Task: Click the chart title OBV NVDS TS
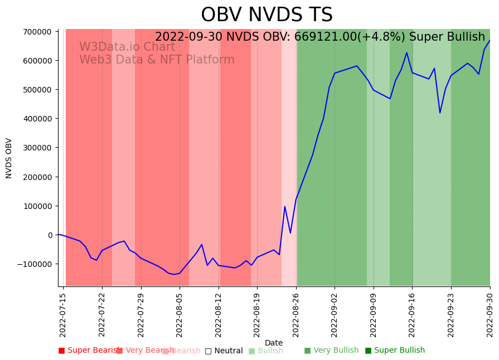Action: coord(267,16)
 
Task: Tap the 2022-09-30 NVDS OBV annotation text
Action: coord(320,37)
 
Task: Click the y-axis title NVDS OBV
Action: coord(9,158)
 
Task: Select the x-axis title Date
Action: coord(274,343)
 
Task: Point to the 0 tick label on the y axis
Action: coord(50,235)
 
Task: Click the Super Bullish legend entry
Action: coord(395,351)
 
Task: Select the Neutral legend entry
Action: coord(224,351)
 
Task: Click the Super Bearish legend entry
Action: coord(88,351)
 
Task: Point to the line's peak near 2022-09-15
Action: coord(406,53)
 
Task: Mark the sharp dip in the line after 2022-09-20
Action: coord(440,113)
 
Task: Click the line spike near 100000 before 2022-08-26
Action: coord(285,207)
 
